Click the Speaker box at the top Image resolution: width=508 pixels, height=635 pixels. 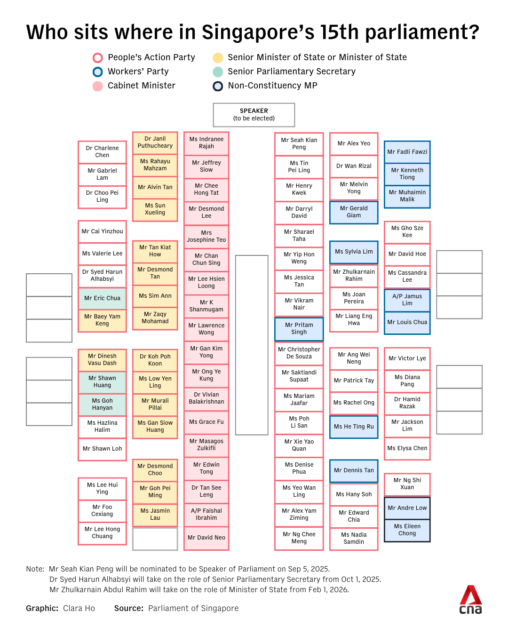coord(254,115)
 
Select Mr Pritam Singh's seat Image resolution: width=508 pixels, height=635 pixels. coord(299,329)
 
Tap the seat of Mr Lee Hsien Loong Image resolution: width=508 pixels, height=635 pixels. coord(206,283)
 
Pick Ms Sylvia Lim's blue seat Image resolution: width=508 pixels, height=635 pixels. coord(354,252)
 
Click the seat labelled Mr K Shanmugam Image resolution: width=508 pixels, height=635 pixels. coord(206,306)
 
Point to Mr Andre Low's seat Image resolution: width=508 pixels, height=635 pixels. coord(407,508)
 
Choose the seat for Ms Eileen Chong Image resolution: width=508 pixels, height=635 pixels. coord(407,530)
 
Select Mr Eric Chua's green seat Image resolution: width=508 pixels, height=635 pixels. coord(102,298)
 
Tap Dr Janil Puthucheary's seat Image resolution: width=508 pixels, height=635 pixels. coord(155,143)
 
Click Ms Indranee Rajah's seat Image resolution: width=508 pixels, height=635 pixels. coord(206,143)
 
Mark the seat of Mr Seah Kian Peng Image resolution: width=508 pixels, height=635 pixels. coord(299,144)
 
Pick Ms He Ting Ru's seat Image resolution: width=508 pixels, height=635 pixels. coord(354,427)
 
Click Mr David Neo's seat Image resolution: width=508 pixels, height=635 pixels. coord(206,538)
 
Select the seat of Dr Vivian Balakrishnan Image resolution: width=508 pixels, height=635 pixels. coord(206,398)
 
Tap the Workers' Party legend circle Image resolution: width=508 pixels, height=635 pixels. coord(98,72)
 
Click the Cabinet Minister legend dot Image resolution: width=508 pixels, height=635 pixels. coord(98,86)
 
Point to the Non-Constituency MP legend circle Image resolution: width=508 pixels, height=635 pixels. coord(218,86)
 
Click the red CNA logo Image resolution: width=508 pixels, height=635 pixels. coord(470,600)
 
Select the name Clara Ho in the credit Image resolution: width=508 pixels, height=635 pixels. coord(79,609)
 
